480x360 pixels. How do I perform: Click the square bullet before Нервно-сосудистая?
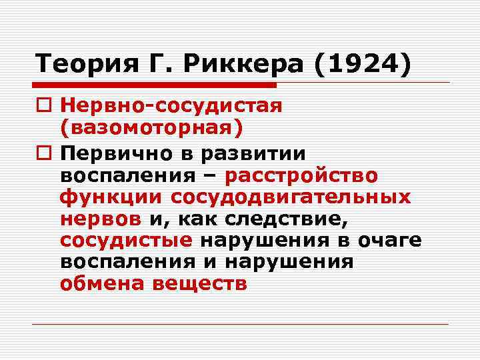click(43, 105)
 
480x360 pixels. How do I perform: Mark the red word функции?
click(111, 198)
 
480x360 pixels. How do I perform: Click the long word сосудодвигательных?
click(290, 198)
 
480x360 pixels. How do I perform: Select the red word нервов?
click(99, 219)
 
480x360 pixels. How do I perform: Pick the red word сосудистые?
click(126, 241)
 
